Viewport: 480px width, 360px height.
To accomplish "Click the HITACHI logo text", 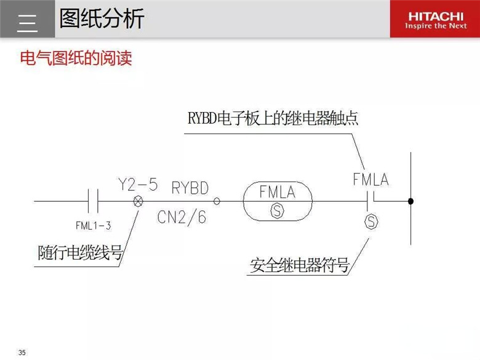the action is [x=436, y=16].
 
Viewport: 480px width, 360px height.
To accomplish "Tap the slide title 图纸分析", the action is [x=102, y=18].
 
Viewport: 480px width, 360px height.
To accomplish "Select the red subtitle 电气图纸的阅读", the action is [x=76, y=58].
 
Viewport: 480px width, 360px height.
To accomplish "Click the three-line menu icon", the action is [x=27, y=23].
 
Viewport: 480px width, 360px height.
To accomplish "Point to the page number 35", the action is [x=22, y=353].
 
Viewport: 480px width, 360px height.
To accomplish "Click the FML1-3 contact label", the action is [x=94, y=226].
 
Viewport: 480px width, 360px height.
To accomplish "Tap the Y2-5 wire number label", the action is [x=138, y=185].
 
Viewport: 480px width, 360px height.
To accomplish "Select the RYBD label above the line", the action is [x=190, y=188].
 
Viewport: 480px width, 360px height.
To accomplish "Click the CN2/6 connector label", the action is [x=182, y=217].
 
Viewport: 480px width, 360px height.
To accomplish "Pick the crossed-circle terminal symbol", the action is [x=138, y=201].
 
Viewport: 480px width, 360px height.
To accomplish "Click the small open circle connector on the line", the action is [x=217, y=201].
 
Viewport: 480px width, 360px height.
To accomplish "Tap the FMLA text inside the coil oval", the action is [x=278, y=192].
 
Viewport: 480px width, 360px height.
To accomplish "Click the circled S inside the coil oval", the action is [x=278, y=211].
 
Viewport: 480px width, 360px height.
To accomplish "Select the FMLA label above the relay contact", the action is [x=370, y=180].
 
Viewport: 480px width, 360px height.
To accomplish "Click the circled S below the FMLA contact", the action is [x=371, y=222].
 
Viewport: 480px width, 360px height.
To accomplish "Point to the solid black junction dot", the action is [x=411, y=201].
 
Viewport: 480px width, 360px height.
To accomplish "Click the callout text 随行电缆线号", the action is [x=80, y=253].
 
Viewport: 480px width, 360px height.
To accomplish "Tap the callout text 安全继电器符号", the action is [x=300, y=265].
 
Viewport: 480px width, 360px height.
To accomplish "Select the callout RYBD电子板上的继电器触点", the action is [x=273, y=118].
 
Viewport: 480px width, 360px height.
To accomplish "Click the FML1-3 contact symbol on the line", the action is [x=93, y=201].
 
